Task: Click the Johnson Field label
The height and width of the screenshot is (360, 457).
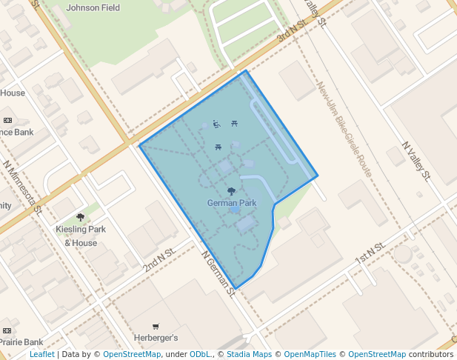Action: point(93,7)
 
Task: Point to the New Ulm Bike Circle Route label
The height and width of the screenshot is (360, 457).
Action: point(344,130)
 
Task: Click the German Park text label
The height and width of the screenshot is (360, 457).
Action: point(232,202)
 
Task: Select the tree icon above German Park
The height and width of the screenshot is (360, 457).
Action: point(232,191)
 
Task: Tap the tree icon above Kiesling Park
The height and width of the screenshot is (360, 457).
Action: point(81,217)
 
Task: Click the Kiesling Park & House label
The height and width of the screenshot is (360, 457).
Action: point(81,236)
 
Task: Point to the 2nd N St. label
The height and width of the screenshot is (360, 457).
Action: point(159,258)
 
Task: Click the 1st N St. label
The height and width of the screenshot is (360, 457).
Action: point(370,254)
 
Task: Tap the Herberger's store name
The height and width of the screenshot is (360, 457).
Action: point(156,338)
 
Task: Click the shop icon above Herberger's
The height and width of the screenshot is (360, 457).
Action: point(156,327)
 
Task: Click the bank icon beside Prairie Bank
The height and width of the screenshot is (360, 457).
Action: point(7,330)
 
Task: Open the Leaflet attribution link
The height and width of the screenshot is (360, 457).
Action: point(42,354)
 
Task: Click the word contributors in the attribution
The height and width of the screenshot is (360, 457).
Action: point(431,354)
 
